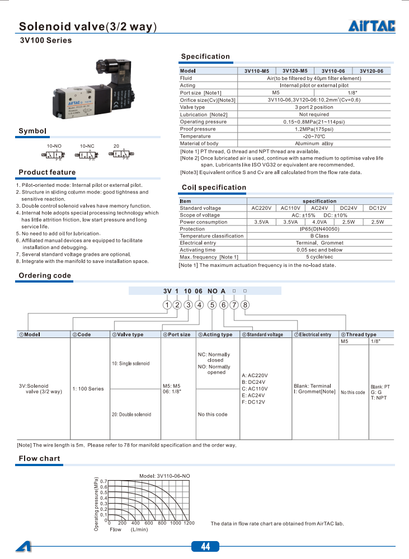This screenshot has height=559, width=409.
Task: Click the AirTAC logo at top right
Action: (372, 26)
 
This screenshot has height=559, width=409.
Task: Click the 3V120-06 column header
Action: (371, 71)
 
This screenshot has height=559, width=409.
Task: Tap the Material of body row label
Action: (199, 143)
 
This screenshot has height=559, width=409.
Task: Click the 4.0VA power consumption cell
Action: (319, 222)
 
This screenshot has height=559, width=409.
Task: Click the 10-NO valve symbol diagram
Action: (57, 154)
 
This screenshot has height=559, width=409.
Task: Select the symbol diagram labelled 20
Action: (117, 154)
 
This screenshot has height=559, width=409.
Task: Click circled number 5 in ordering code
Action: (212, 305)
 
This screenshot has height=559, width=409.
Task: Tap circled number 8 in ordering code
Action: (245, 305)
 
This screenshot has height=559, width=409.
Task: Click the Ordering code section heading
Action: (45, 276)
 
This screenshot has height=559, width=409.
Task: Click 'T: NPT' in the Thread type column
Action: (379, 398)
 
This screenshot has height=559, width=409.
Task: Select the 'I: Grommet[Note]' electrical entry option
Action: (314, 392)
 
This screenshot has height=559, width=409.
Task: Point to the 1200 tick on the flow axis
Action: (189, 523)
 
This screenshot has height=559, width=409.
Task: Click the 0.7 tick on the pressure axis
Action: (103, 481)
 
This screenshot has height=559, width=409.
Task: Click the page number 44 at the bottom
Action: (205, 547)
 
